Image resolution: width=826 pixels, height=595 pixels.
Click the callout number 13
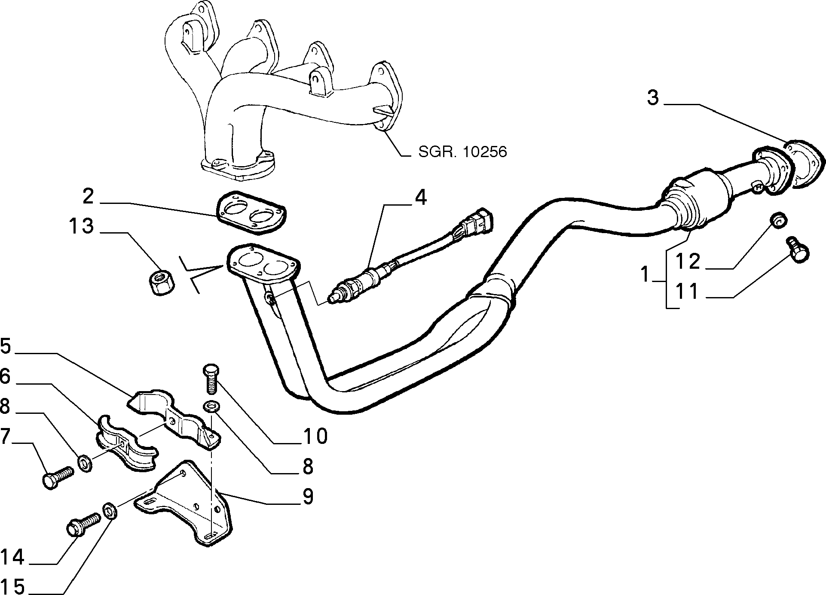pyautogui.click(x=81, y=226)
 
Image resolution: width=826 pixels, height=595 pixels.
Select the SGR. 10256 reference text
pyautogui.click(x=462, y=152)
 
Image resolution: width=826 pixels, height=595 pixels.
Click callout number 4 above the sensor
pyautogui.click(x=420, y=198)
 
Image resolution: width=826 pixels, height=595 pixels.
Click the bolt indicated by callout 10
pyautogui.click(x=211, y=378)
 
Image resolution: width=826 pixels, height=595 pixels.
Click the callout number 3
pyautogui.click(x=652, y=98)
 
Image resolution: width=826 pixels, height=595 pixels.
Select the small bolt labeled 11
pyautogui.click(x=798, y=250)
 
